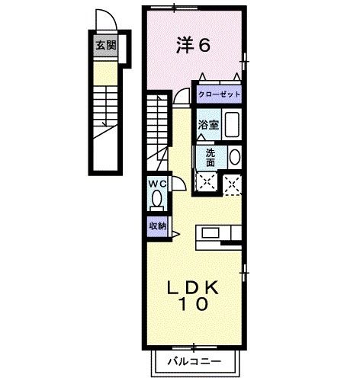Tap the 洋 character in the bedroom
[184, 45]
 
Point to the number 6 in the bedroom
[204, 45]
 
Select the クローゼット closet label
[219, 94]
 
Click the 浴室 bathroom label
[210, 124]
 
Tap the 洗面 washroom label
[210, 156]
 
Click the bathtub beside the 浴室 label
[233, 124]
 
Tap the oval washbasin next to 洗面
[234, 158]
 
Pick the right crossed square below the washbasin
[233, 181]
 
